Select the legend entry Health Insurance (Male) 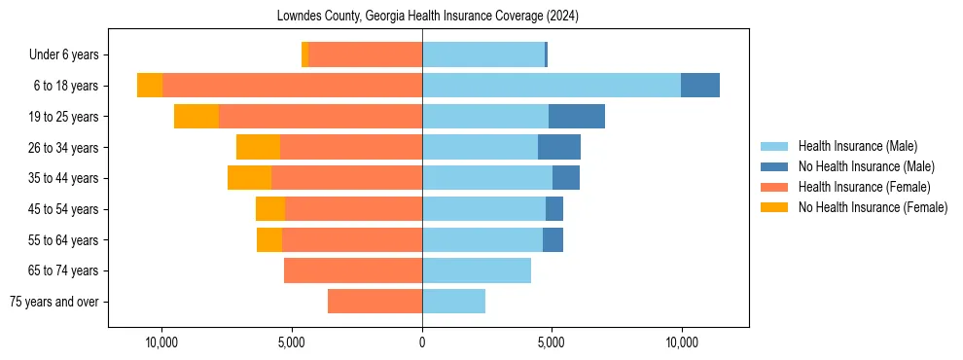(857, 146)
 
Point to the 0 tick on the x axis (422, 342)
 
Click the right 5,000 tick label (552, 342)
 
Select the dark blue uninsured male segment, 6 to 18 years (700, 86)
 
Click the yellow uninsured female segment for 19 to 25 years (196, 117)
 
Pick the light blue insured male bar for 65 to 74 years (477, 270)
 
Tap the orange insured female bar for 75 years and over (374, 302)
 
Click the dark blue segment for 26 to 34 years (559, 147)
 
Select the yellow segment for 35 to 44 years (249, 178)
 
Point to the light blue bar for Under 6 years (483, 54)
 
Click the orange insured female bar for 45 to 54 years (353, 209)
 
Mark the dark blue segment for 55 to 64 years (553, 239)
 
